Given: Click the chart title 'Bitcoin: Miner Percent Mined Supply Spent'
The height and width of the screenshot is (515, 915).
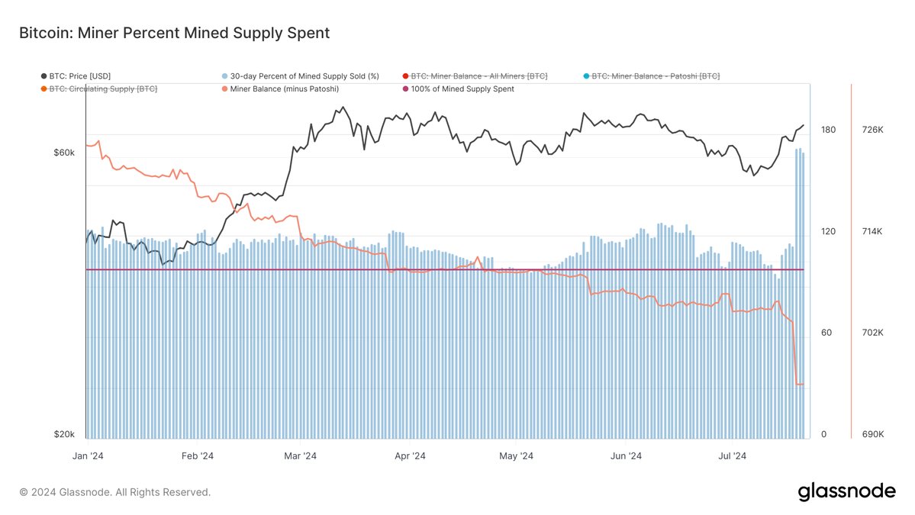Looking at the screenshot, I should pyautogui.click(x=174, y=33).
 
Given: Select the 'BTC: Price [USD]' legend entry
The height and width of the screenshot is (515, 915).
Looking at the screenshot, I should pyautogui.click(x=80, y=76).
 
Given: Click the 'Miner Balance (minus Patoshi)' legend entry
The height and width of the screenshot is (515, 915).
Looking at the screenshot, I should pyautogui.click(x=283, y=89).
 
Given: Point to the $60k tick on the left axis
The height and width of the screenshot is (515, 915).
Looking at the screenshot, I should pyautogui.click(x=64, y=153).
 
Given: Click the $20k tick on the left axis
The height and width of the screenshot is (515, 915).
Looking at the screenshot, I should pyautogui.click(x=64, y=434).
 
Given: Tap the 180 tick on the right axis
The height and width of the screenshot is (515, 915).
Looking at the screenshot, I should pyautogui.click(x=828, y=130).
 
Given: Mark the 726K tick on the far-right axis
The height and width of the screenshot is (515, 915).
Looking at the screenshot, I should pyautogui.click(x=872, y=130).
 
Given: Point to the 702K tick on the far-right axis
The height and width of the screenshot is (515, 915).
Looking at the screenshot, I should pyautogui.click(x=872, y=333).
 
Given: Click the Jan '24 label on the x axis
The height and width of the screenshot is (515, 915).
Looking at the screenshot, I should pyautogui.click(x=89, y=456).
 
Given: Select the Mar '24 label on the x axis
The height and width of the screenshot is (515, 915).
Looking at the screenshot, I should pyautogui.click(x=300, y=456).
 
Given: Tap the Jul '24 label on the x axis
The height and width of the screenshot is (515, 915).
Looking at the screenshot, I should pyautogui.click(x=733, y=456).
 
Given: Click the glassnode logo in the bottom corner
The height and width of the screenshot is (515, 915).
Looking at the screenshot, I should pyautogui.click(x=847, y=492).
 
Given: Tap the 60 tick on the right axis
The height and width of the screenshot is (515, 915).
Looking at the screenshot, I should pyautogui.click(x=826, y=333).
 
